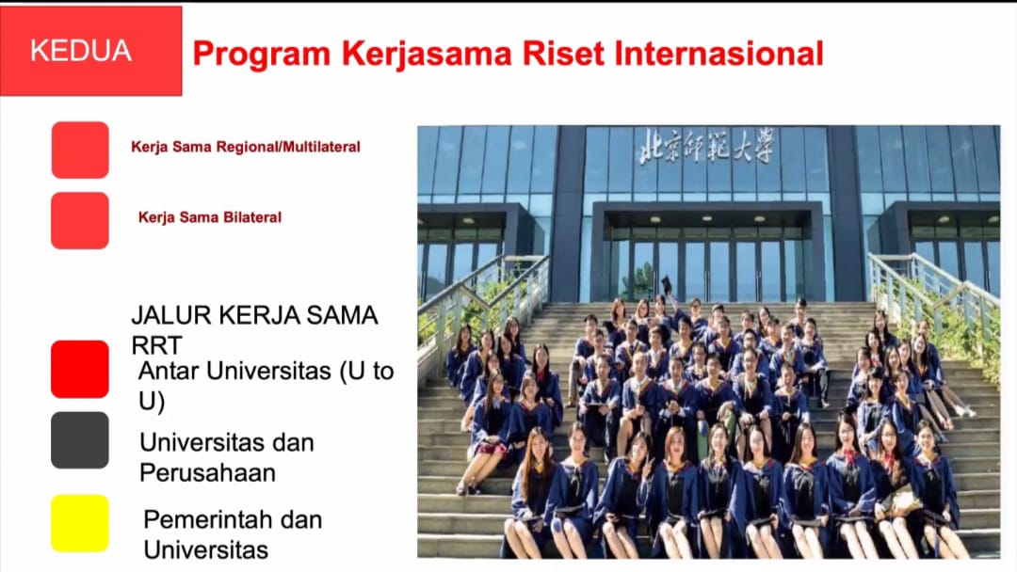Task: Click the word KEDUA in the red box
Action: [x=80, y=51]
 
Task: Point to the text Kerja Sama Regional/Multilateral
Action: [x=246, y=147]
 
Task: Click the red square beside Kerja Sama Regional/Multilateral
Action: [x=80, y=150]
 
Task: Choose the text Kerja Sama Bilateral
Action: [x=210, y=217]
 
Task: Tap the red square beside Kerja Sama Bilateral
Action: [x=80, y=220]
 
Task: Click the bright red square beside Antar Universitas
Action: [x=80, y=369]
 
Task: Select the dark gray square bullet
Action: [x=80, y=440]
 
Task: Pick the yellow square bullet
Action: [x=80, y=523]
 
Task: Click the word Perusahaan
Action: [x=207, y=473]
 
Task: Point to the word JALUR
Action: [x=171, y=315]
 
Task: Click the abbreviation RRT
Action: [x=156, y=346]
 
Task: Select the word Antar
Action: [x=169, y=372]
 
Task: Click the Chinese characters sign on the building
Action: [x=707, y=146]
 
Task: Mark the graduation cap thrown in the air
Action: [x=666, y=283]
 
